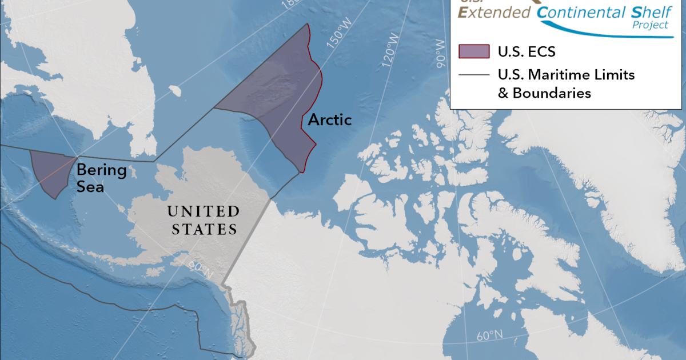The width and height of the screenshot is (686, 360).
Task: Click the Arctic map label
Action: point(330,120)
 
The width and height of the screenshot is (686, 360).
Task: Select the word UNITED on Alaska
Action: point(204,212)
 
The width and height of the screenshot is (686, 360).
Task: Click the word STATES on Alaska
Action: point(203,230)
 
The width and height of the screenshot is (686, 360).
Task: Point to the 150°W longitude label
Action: point(338,38)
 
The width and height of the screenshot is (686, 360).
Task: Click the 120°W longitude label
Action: point(392,49)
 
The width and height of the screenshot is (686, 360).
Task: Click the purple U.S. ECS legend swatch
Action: point(474,51)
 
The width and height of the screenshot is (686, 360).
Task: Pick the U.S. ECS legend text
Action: point(527,51)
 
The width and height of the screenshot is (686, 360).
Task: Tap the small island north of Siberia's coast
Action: point(176,90)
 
